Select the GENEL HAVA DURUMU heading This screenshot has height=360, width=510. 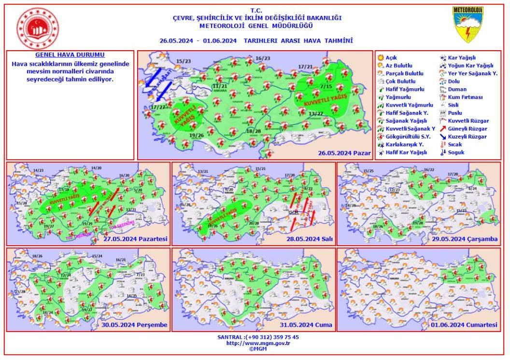(70, 55)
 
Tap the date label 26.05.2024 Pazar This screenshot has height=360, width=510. (344, 153)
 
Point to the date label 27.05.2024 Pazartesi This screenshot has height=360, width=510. (135, 239)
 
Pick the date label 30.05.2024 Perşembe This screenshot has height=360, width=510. (134, 325)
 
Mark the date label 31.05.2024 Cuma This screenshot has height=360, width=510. (309, 325)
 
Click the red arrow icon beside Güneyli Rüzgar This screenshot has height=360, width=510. (442, 129)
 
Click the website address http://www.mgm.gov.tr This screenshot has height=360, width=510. (258, 343)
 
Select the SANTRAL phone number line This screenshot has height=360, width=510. (258, 337)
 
